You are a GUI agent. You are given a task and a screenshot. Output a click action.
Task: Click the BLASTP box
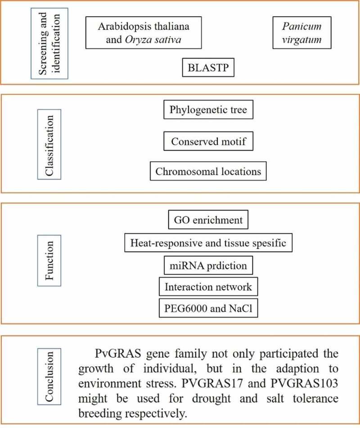[208, 69]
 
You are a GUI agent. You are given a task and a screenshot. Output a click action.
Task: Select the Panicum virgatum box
[302, 33]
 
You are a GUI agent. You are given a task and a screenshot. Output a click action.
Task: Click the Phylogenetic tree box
[208, 110]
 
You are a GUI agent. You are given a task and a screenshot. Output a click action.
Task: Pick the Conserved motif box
[208, 141]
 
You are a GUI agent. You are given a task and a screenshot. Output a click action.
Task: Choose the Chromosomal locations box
[208, 171]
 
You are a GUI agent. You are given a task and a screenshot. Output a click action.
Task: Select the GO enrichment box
[208, 221]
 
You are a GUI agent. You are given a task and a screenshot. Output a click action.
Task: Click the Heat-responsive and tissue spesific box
[208, 243]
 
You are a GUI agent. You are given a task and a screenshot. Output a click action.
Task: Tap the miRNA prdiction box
[208, 265]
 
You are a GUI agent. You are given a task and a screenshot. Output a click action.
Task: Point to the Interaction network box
[208, 287]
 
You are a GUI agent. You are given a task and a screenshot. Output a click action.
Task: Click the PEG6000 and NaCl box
[208, 308]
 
